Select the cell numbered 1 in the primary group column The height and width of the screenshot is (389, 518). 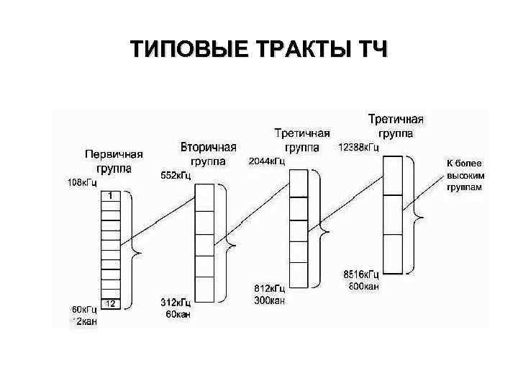tap(109, 195)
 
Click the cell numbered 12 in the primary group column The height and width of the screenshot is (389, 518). tap(109, 303)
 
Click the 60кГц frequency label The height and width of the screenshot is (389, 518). tap(83, 310)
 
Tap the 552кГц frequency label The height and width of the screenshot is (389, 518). tap(176, 175)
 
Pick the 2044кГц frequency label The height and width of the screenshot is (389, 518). tap(267, 161)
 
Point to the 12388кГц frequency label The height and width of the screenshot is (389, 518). tap(358, 148)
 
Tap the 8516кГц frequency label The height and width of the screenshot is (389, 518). tap(361, 274)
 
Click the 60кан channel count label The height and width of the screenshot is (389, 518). tap(176, 315)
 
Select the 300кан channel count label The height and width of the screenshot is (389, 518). tap(270, 300)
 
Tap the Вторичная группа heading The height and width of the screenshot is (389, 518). tap(208, 153)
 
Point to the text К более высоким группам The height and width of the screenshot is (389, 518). tap(465, 174)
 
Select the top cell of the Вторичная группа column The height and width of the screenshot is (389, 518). tap(205, 196)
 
